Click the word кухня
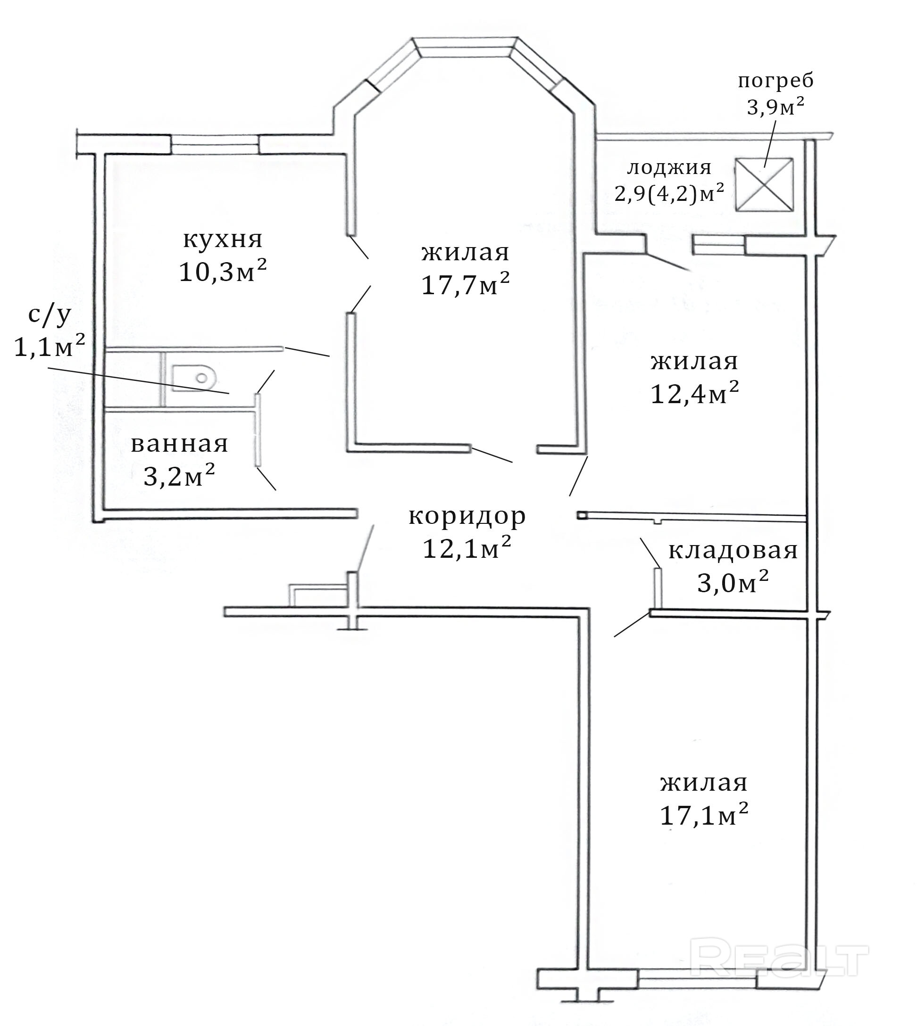[x=223, y=240]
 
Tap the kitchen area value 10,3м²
[x=223, y=272]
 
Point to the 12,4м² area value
[x=695, y=393]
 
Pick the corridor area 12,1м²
[x=467, y=548]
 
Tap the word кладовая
[x=733, y=551]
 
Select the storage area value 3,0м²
[x=733, y=583]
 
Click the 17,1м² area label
[x=704, y=814]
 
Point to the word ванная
[x=179, y=444]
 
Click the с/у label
[x=50, y=315]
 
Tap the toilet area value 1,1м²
[x=50, y=346]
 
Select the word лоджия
[x=669, y=168]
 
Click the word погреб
[x=776, y=81]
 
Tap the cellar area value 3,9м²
[x=775, y=107]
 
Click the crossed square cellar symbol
[x=764, y=184]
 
